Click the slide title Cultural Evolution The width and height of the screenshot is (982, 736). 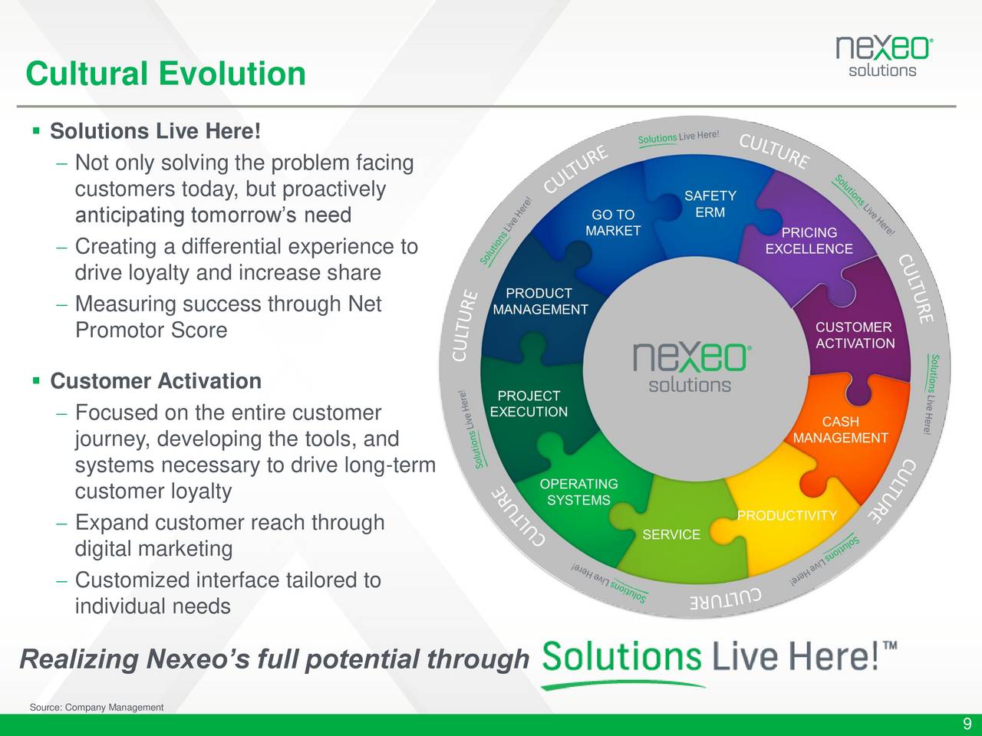(x=166, y=74)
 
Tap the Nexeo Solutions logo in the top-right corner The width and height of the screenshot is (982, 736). (x=885, y=57)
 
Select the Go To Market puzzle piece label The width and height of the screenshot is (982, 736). (x=613, y=222)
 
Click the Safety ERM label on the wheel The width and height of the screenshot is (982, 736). (x=710, y=204)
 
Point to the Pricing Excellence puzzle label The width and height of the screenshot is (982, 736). (x=809, y=241)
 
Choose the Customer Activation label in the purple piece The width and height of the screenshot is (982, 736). (x=855, y=335)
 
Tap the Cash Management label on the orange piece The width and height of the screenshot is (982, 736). (x=841, y=429)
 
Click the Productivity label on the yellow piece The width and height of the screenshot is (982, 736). (x=787, y=516)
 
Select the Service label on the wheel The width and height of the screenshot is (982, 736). (x=671, y=534)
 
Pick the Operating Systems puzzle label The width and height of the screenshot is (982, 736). (x=579, y=491)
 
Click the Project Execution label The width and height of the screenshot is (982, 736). (x=529, y=403)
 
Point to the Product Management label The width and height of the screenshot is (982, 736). (x=540, y=301)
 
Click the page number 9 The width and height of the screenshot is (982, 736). (x=967, y=724)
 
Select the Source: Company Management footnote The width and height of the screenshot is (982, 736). (x=97, y=708)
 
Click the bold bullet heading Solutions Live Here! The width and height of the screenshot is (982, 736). (x=155, y=131)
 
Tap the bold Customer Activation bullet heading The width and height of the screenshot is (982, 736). (x=156, y=381)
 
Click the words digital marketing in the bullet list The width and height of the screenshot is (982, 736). (x=154, y=549)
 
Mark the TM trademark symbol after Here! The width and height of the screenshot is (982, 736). (x=890, y=646)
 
